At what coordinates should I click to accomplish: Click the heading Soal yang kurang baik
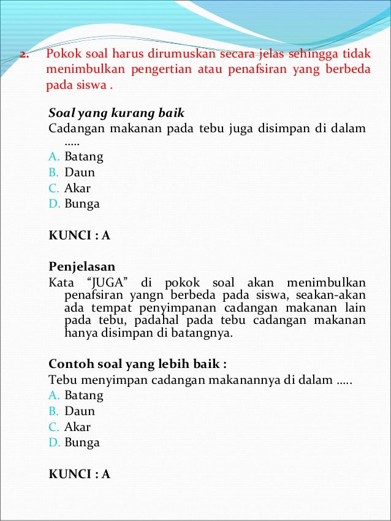click(116, 113)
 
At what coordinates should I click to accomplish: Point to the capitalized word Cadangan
click(73, 129)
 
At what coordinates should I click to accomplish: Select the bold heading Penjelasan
click(82, 267)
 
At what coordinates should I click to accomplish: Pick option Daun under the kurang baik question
click(80, 172)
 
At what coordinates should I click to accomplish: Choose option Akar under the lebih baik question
click(77, 427)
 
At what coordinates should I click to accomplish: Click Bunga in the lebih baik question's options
click(82, 443)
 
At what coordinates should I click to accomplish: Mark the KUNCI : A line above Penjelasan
click(79, 235)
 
